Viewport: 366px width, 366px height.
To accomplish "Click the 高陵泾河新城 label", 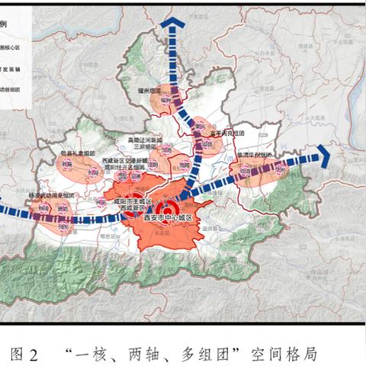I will coord(146,140).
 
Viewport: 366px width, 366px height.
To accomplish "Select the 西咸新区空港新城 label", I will coord(120,161).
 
